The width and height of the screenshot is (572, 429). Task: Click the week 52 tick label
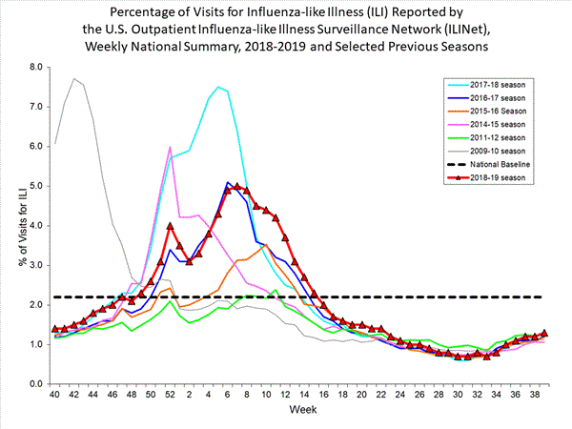170,394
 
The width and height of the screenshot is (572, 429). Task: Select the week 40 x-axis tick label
55,394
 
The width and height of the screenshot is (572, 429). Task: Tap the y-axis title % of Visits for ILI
13,224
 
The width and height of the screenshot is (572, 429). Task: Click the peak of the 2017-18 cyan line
218,87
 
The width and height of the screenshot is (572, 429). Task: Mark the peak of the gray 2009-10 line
74,78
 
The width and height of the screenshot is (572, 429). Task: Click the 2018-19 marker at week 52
170,226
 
